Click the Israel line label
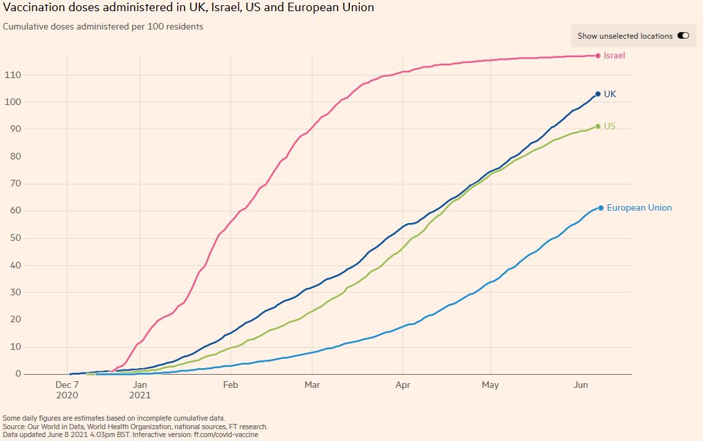[x=614, y=56]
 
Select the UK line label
[x=610, y=94]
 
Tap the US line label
[x=609, y=126]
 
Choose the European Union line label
[x=639, y=208]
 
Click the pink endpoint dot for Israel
[x=598, y=56]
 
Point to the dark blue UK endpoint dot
[x=598, y=94]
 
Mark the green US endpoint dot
[x=598, y=126]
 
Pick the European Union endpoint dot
[x=601, y=208]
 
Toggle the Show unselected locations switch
[x=683, y=36]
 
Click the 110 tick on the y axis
[x=12, y=75]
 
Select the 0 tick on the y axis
[x=17, y=374]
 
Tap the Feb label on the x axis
[x=230, y=385]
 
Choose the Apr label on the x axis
[x=402, y=385]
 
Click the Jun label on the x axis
[x=582, y=385]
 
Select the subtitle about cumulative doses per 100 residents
[x=103, y=27]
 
